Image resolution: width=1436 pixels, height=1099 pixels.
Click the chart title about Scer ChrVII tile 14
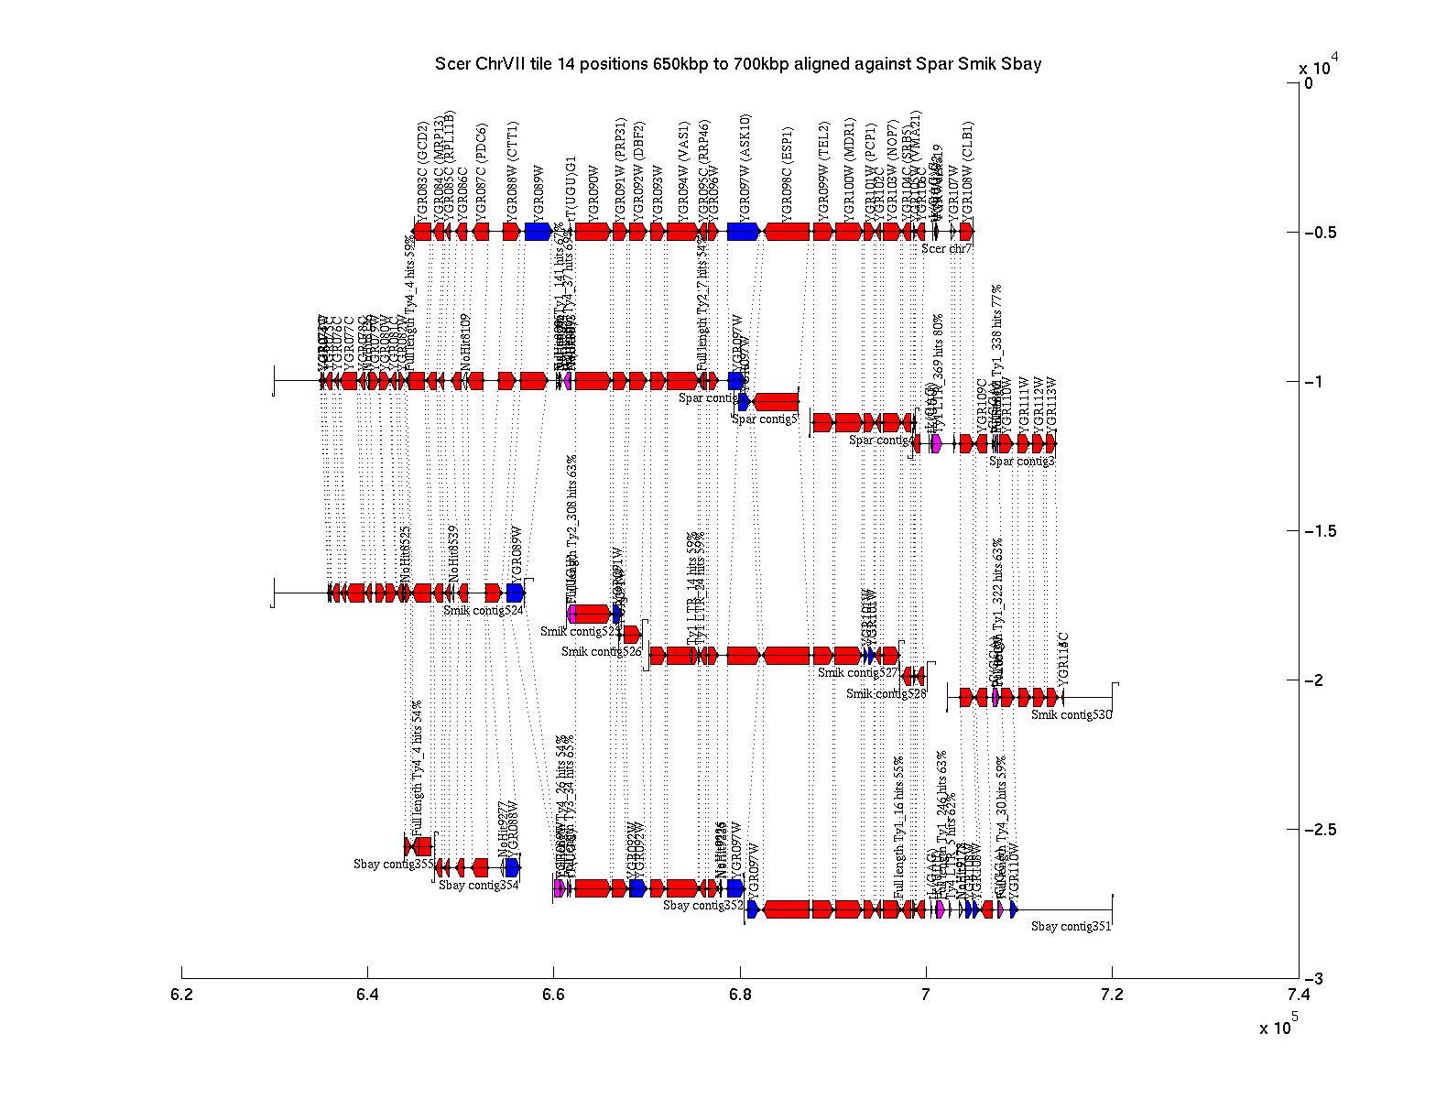[738, 64]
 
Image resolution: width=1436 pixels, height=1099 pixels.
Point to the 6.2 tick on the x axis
[182, 995]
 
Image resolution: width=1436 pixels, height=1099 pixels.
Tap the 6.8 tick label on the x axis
[739, 995]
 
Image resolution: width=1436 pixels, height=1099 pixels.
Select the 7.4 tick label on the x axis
[1298, 995]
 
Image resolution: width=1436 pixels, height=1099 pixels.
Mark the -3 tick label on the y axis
[1315, 979]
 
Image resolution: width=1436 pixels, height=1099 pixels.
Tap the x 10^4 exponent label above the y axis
[1319, 67]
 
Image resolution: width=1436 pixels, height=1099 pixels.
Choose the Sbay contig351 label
[1071, 926]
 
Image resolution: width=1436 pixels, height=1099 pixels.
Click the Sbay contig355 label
[393, 863]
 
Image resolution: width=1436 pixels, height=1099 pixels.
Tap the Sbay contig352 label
[702, 906]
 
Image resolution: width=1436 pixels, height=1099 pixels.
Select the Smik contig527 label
[857, 673]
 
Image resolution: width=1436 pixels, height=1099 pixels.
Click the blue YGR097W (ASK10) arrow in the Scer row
[744, 232]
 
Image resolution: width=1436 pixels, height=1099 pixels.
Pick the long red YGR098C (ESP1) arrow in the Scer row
[787, 232]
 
